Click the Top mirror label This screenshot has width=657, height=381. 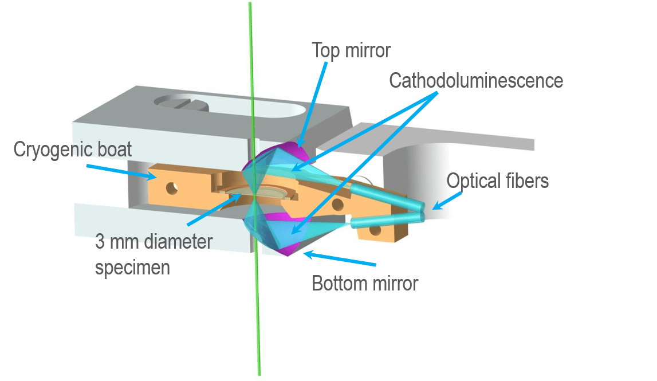[x=351, y=50]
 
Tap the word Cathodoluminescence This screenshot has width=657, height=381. [x=476, y=81]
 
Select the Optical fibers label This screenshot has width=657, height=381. [x=498, y=181]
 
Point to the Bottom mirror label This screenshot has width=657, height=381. [x=365, y=283]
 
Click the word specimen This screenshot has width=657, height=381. [x=132, y=268]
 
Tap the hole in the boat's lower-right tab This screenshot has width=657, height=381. [x=375, y=230]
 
